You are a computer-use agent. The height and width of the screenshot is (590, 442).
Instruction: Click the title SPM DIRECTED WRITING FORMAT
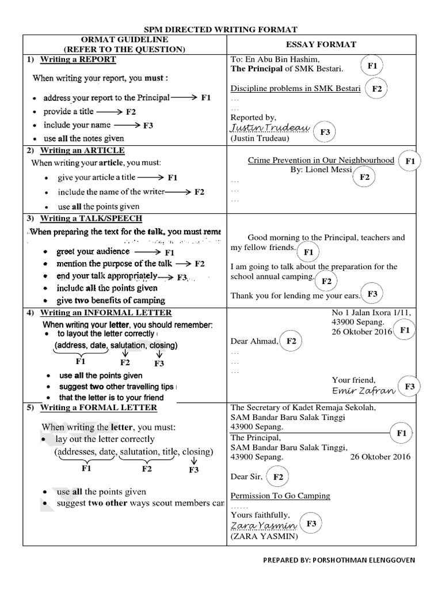(220, 29)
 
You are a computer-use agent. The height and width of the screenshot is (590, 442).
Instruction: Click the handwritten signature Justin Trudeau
(269, 127)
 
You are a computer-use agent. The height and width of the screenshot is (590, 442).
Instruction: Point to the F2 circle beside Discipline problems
(377, 89)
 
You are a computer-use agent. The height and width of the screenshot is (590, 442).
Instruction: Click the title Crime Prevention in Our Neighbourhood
(321, 160)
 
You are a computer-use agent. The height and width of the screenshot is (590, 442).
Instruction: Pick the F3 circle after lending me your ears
(372, 294)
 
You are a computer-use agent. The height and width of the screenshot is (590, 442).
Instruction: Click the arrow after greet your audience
(147, 252)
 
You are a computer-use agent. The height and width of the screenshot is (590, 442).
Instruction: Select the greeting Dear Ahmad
(254, 341)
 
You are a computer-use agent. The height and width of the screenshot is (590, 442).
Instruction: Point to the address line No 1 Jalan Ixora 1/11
(371, 312)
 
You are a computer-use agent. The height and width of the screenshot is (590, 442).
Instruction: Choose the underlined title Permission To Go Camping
(280, 496)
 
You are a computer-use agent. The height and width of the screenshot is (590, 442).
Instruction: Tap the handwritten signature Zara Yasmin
(263, 526)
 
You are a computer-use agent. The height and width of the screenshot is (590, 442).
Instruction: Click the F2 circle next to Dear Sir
(278, 477)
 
